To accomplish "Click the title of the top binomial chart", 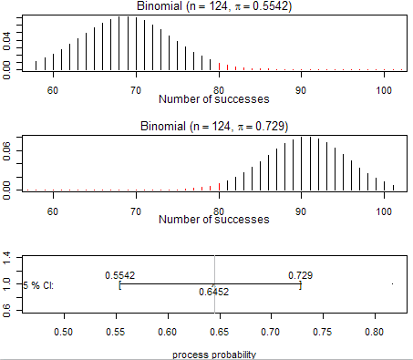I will tap(214, 7).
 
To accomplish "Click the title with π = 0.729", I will tap(214, 126).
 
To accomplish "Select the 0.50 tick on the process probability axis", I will tap(64, 333).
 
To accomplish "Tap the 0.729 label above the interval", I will tap(302, 275).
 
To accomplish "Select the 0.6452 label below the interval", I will tap(214, 293).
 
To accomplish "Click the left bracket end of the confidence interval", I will tap(119, 285).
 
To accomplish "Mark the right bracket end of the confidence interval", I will tap(301, 285).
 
